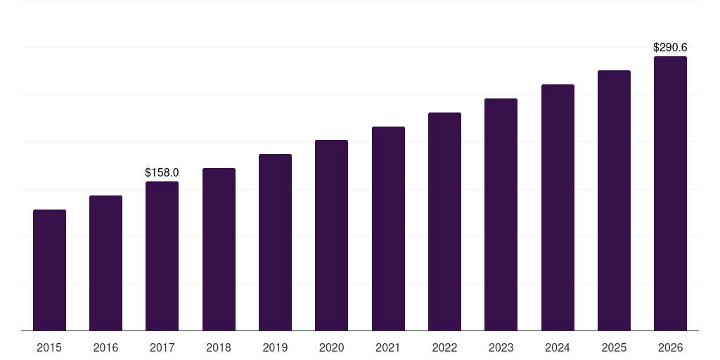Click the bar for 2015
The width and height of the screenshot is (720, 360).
tap(49, 270)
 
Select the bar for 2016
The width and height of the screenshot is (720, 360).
tap(105, 263)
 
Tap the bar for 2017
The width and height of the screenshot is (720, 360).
tap(162, 256)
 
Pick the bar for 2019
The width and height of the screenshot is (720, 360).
tap(275, 242)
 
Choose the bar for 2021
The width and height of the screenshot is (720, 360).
tap(388, 229)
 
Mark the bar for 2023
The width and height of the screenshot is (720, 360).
tap(501, 214)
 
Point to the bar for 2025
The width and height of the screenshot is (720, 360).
tap(614, 200)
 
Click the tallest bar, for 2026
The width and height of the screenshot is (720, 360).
tap(670, 193)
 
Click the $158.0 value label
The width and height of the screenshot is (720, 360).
tap(162, 172)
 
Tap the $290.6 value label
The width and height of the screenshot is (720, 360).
tap(670, 48)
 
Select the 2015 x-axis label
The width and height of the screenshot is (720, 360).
tap(49, 347)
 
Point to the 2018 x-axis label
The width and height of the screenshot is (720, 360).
tap(219, 347)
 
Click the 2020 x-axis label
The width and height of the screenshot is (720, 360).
tap(331, 347)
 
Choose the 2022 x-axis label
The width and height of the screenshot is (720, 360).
tap(444, 347)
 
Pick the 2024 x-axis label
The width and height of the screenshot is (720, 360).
tap(558, 347)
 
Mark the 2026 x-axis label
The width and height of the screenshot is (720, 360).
tap(670, 347)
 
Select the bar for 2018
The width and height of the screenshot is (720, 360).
tap(219, 249)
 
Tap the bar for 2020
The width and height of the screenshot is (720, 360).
tap(331, 235)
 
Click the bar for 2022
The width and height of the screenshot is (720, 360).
tap(444, 221)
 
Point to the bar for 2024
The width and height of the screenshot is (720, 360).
tap(558, 207)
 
